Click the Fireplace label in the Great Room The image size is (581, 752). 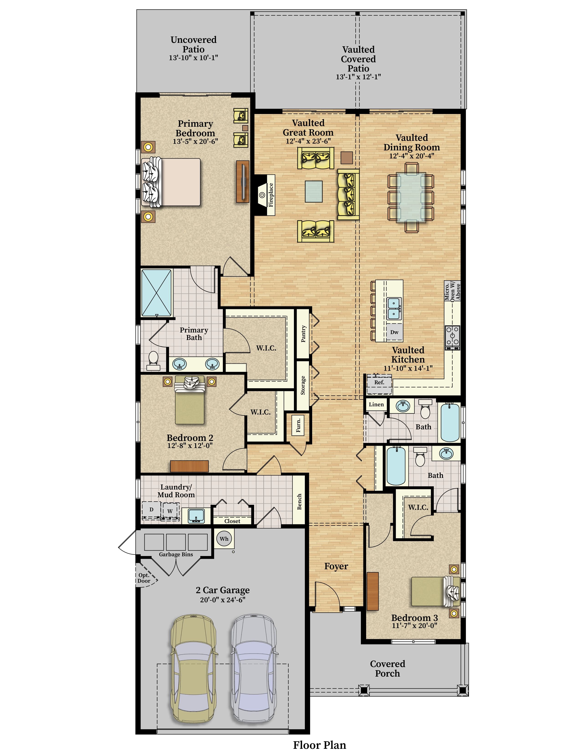click(x=271, y=195)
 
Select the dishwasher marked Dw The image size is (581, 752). click(x=394, y=332)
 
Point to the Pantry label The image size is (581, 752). click(x=303, y=334)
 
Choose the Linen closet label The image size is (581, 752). click(x=376, y=404)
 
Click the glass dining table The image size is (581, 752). click(x=411, y=197)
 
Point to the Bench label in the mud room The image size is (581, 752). click(x=299, y=502)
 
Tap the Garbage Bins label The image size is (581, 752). click(x=176, y=554)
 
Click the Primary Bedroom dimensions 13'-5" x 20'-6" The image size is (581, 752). click(x=195, y=141)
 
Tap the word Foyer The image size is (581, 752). click(x=336, y=567)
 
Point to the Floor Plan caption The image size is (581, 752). click(x=319, y=745)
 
